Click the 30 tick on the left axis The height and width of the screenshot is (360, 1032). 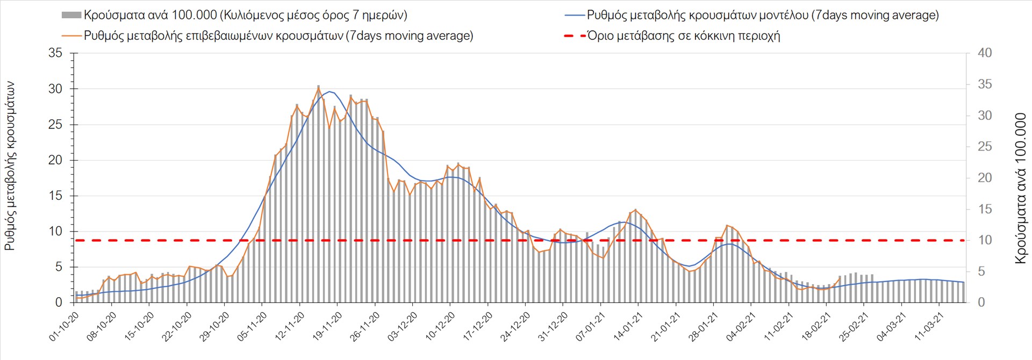click(x=55, y=89)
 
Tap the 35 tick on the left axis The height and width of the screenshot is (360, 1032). click(x=55, y=53)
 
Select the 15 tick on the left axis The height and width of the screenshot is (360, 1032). click(x=55, y=196)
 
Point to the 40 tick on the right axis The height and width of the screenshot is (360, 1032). click(x=985, y=53)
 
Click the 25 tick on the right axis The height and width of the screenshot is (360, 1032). click(x=985, y=147)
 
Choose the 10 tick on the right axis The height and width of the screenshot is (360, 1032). click(x=985, y=240)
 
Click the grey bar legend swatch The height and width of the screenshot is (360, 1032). click(x=71, y=15)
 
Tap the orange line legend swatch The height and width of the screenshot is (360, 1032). click(x=71, y=36)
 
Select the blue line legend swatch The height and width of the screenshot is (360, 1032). click(x=575, y=15)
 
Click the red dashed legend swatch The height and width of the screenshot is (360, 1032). click(x=575, y=36)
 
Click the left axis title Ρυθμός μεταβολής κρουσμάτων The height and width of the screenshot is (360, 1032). click(x=10, y=165)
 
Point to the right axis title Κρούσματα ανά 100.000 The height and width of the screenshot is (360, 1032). click(x=1020, y=188)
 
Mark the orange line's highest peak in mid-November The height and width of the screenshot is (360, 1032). click(x=318, y=87)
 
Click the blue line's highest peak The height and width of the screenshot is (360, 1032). click(x=329, y=91)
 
